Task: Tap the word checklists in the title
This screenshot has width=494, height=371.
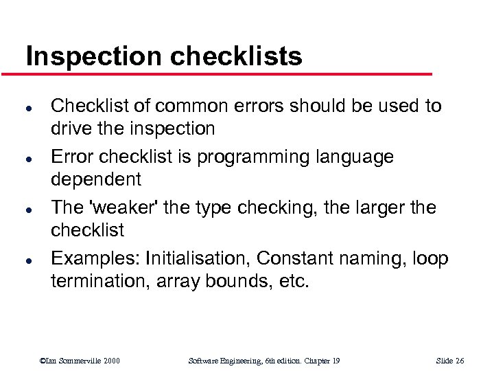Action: pos(235,56)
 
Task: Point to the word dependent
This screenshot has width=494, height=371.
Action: pos(96,180)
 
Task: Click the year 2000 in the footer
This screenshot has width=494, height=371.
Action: pos(110,361)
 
